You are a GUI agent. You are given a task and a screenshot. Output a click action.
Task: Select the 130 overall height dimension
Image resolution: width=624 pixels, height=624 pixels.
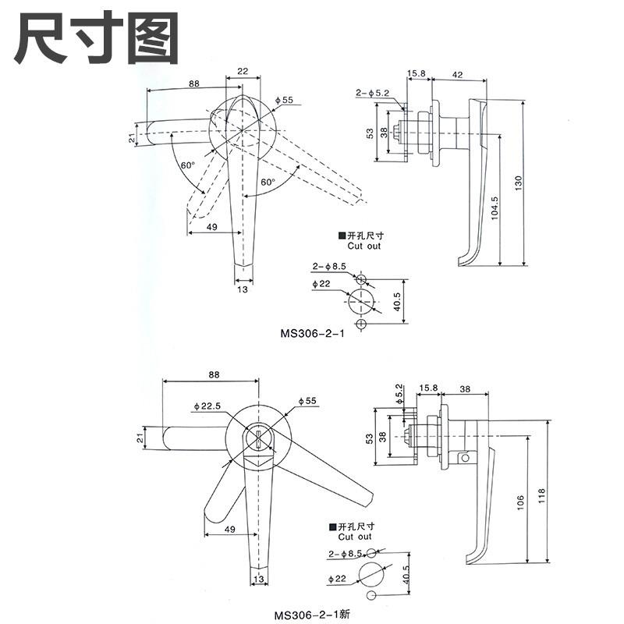tap(518, 182)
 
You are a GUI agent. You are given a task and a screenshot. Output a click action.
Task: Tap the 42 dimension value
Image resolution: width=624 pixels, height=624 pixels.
tap(458, 75)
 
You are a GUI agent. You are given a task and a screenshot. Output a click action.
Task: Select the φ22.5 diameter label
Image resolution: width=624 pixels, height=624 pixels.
tap(206, 406)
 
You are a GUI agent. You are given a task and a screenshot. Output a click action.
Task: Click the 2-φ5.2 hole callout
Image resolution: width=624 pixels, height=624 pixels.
tap(373, 94)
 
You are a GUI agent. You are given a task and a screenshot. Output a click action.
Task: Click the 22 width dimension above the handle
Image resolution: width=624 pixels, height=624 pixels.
tap(243, 71)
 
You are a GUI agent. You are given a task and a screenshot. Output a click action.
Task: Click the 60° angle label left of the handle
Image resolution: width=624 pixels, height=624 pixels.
tap(187, 165)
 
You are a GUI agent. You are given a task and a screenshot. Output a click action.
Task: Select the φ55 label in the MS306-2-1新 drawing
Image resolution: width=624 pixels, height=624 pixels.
tap(308, 401)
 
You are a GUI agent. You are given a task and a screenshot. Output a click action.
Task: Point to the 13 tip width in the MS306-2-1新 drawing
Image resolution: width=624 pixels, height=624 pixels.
tap(257, 579)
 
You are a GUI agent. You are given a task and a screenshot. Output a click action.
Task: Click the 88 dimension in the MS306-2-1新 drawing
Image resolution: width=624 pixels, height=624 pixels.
tap(213, 374)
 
